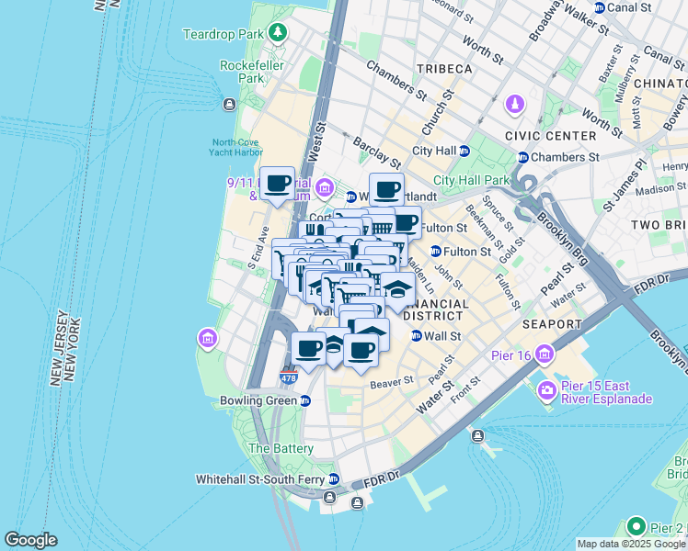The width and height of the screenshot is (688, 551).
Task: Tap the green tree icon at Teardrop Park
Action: click(278, 34)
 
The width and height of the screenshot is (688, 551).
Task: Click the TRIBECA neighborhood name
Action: click(443, 69)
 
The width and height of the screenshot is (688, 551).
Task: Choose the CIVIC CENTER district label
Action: click(551, 135)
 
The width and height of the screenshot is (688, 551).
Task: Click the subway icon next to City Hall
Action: click(464, 151)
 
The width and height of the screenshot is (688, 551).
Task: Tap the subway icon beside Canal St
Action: click(600, 7)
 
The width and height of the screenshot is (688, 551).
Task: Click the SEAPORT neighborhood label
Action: click(552, 324)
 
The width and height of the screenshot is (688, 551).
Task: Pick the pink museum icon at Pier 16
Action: click(545, 354)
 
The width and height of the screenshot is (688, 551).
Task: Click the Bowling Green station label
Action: click(255, 400)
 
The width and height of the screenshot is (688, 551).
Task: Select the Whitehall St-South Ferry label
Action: click(261, 479)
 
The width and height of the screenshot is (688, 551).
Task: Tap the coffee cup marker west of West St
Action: click(277, 182)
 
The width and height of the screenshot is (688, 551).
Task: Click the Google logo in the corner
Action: click(30, 540)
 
